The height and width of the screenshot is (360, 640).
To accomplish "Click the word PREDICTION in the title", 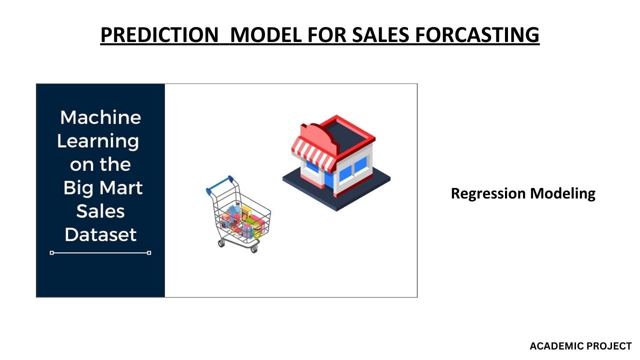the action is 159,35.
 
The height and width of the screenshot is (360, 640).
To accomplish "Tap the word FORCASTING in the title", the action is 477,35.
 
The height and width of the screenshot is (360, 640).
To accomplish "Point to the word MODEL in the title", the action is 265,35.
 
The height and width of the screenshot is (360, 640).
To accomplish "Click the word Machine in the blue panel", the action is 100,117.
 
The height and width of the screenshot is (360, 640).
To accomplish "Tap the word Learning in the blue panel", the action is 98,142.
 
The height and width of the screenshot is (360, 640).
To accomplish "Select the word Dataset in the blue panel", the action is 100,235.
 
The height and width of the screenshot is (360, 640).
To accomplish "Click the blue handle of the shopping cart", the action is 219,185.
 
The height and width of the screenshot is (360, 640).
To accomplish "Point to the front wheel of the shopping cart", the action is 254,249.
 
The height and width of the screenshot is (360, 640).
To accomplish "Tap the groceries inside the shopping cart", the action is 243,220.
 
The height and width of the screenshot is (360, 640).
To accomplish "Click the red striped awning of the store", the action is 313,154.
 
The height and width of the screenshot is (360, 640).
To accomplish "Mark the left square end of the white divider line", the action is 51,253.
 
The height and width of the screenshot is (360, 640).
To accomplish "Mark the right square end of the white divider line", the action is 149,253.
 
